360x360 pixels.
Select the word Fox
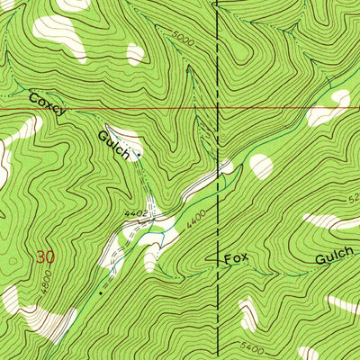pyautogui.click(x=236, y=258)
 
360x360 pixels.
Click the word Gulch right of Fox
pyautogui.click(x=334, y=259)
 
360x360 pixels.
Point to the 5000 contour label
pyautogui.click(x=181, y=41)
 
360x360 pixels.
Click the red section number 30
pyautogui.click(x=45, y=256)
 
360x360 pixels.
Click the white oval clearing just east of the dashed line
pyautogui.click(x=261, y=166)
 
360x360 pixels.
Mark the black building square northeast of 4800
pyautogui.click(x=101, y=292)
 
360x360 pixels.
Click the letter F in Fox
pyautogui.click(x=228, y=258)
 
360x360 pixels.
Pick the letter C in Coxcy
pyautogui.click(x=34, y=97)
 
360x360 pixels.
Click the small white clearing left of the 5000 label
pyautogui.click(x=135, y=54)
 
